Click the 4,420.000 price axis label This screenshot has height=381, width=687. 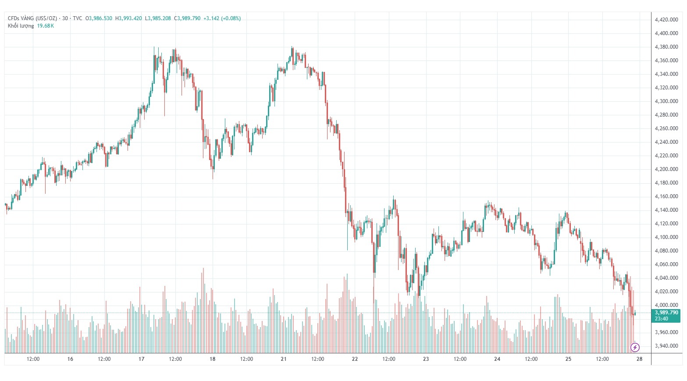pyautogui.click(x=666, y=20)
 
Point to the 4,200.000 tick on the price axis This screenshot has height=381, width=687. pyautogui.click(x=666, y=169)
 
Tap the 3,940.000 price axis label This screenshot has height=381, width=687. pyautogui.click(x=666, y=346)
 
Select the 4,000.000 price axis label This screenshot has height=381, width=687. pyautogui.click(x=666, y=305)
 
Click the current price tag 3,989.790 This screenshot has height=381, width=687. pyautogui.click(x=666, y=313)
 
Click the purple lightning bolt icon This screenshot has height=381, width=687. pyautogui.click(x=635, y=348)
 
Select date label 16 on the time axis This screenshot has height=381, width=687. pyautogui.click(x=70, y=359)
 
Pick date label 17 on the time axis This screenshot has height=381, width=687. pyautogui.click(x=141, y=359)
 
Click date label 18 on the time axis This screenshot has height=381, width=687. pyautogui.click(x=213, y=359)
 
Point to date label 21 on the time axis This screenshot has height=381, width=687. pyautogui.click(x=284, y=359)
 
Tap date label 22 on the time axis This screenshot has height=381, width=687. pyautogui.click(x=355, y=359)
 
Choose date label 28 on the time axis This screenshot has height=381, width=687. pyautogui.click(x=639, y=359)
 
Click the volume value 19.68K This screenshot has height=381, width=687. pyautogui.click(x=46, y=26)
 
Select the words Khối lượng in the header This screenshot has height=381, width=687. pyautogui.click(x=21, y=26)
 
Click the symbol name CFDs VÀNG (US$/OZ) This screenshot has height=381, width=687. pyautogui.click(x=32, y=18)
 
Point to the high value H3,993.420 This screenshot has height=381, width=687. pyautogui.click(x=128, y=18)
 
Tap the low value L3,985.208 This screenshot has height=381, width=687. pyautogui.click(x=158, y=18)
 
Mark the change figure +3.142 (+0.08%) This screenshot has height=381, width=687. pyautogui.click(x=222, y=18)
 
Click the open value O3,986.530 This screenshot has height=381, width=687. pyautogui.click(x=99, y=18)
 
